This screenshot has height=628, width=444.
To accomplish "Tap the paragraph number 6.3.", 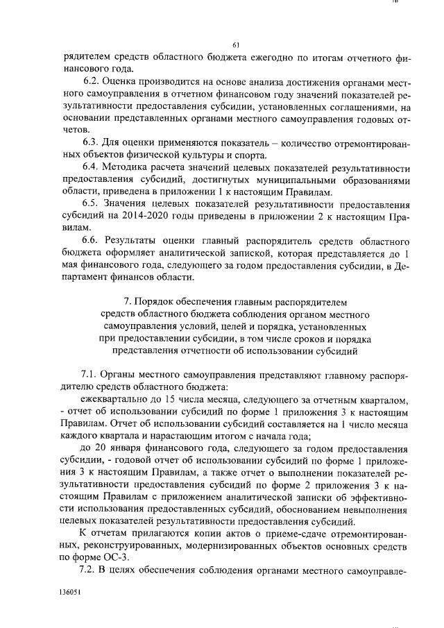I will (x=92, y=143).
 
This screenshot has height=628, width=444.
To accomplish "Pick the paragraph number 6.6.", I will (x=92, y=240).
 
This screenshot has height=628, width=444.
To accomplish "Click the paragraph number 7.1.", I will (x=92, y=375).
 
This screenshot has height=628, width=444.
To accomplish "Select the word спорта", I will (x=246, y=155).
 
